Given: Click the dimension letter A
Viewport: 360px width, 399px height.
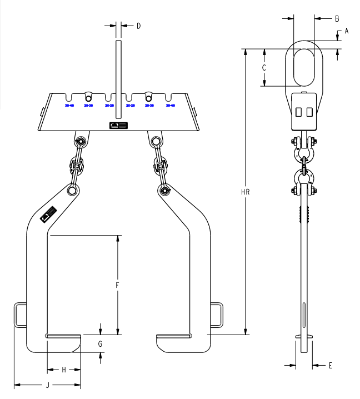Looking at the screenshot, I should pos(346,31).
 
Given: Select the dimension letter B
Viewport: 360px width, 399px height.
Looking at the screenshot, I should pos(337,18).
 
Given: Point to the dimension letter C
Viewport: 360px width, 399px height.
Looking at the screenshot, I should pos(264,67).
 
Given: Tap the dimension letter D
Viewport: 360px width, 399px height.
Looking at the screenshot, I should pos(138,26).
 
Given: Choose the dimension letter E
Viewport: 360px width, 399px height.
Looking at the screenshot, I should pos(330,365).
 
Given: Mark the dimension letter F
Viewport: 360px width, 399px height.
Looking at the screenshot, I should pos(117,285).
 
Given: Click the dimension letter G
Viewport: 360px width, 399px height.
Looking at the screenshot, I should pos(100,344).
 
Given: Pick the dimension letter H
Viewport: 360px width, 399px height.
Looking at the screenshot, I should pos(64,370).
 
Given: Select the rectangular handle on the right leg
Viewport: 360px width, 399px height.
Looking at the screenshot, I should pos(216,315).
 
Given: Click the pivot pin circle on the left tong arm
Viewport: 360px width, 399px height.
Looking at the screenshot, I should pos(72,191).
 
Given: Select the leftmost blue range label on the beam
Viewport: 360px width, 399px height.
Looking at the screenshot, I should pos(69,104).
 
